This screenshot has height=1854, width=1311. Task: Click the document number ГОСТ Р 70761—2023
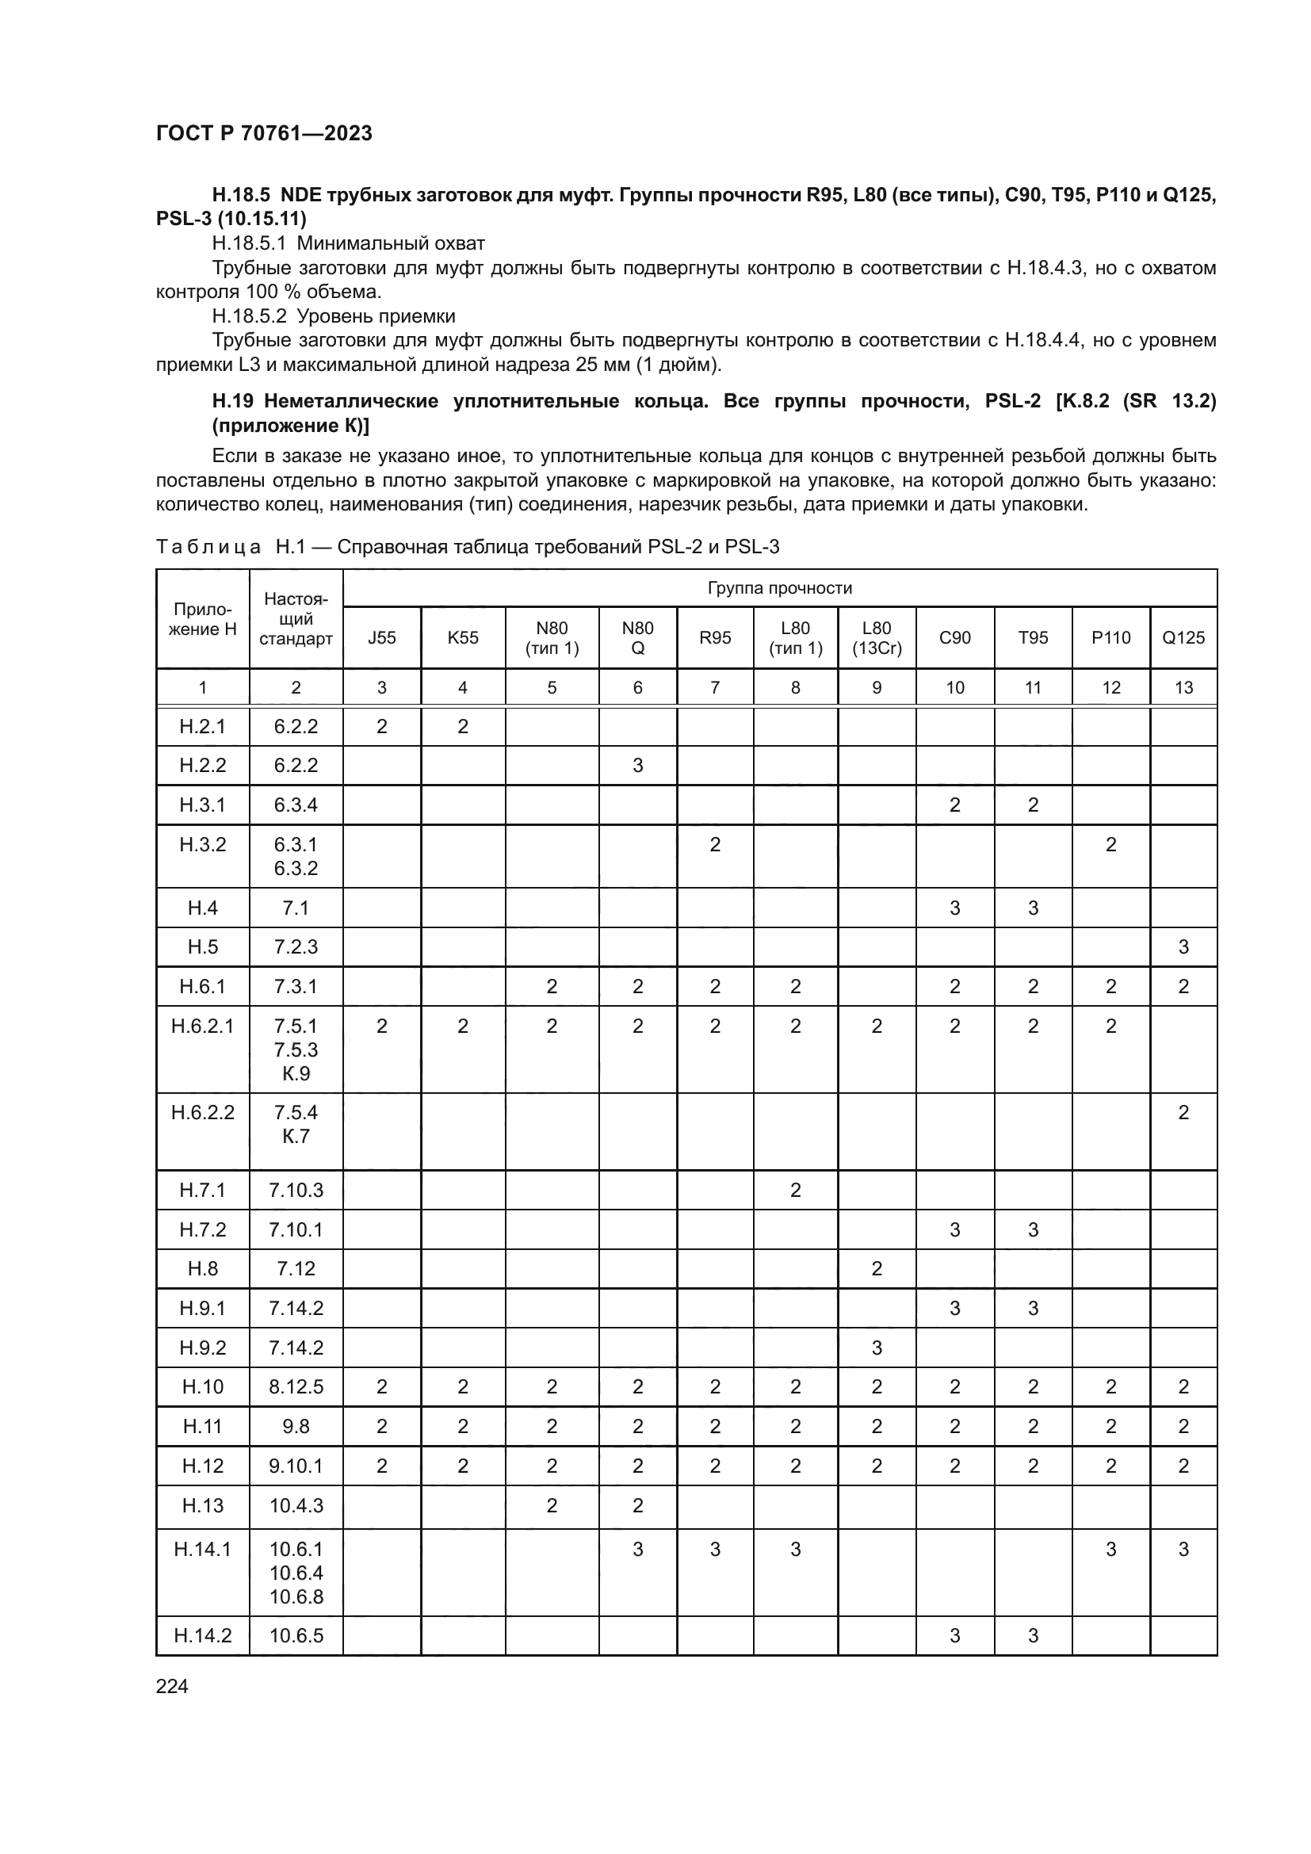point(264,133)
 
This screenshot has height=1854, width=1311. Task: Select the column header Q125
point(1183,638)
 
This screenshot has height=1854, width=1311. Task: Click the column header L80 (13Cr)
point(876,638)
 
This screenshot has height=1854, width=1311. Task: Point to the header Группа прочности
point(779,588)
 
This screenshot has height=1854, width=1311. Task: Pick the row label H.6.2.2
point(203,1113)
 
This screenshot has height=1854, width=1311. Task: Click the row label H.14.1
point(203,1549)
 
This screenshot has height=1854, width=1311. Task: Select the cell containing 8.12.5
point(296,1386)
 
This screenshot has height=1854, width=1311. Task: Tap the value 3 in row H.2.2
point(637,765)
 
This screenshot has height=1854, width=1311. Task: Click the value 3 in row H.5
point(1183,946)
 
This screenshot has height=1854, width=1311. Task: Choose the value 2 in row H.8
point(876,1268)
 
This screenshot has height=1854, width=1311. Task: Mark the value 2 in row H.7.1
point(795,1191)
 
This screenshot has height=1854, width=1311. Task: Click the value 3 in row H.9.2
point(876,1347)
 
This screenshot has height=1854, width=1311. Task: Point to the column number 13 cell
point(1183,688)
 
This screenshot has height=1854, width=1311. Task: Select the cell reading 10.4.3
point(296,1505)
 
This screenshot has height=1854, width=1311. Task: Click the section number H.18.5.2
point(249,315)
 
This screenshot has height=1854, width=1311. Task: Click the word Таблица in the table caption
point(208,547)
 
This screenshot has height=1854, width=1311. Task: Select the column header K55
point(463,638)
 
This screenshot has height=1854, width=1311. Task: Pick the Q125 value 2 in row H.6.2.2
point(1183,1113)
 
